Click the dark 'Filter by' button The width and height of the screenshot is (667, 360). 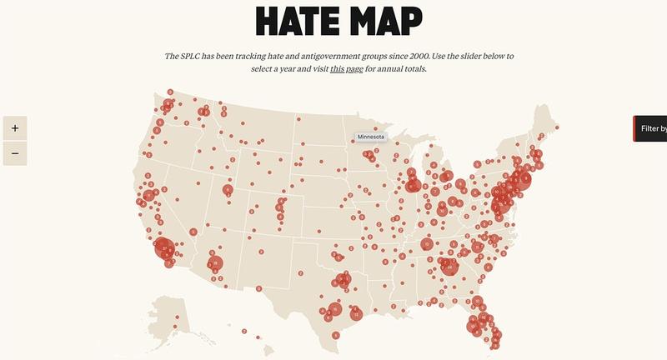651,128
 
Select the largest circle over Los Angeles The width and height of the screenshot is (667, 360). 164,248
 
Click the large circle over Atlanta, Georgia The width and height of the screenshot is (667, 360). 450,267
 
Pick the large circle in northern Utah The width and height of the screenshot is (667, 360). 228,191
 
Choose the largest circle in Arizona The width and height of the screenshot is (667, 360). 216,263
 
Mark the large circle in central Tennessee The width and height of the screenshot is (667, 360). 427,244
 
